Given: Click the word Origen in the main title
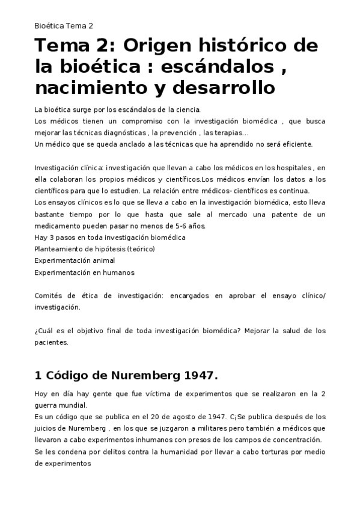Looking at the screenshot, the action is pyautogui.click(x=165, y=46).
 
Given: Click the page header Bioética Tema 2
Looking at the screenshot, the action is pyautogui.click(x=64, y=26).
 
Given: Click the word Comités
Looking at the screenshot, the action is pyautogui.click(x=49, y=295).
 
